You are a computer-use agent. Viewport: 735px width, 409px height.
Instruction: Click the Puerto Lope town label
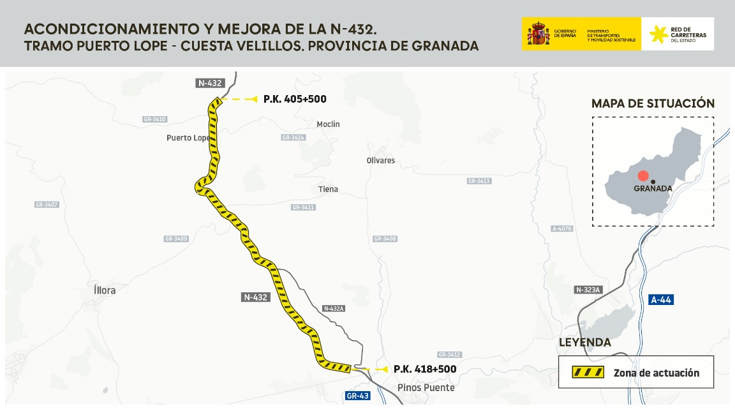tap(188, 138)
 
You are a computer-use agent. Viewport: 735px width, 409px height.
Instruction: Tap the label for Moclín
tap(328, 124)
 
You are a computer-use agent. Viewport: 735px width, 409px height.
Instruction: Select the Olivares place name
tap(381, 160)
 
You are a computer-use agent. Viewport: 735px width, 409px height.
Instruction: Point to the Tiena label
tap(328, 189)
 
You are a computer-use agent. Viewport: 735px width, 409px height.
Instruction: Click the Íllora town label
tap(105, 290)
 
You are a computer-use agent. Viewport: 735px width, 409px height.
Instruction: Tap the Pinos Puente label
tap(426, 387)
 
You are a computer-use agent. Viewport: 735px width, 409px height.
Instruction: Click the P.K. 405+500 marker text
tap(295, 100)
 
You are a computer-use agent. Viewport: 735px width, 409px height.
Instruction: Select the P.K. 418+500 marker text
tap(425, 369)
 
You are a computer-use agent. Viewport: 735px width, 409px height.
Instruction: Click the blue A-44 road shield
tap(661, 299)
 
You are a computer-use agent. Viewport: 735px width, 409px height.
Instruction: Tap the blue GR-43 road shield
tap(357, 396)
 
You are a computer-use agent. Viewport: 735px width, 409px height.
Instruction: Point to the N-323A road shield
tap(588, 290)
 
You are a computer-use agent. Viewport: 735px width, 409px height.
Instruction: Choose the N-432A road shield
tap(334, 308)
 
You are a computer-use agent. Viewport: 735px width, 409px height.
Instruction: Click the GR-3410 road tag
tap(154, 119)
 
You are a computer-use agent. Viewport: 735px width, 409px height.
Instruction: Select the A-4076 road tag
tap(562, 228)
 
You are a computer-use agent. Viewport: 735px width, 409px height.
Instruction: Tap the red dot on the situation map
tap(643, 176)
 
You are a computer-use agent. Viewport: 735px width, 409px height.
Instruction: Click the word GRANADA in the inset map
tap(653, 189)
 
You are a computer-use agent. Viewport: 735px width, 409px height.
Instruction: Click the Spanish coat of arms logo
tap(538, 34)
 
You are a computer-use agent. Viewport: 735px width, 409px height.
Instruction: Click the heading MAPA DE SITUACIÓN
tap(653, 103)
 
